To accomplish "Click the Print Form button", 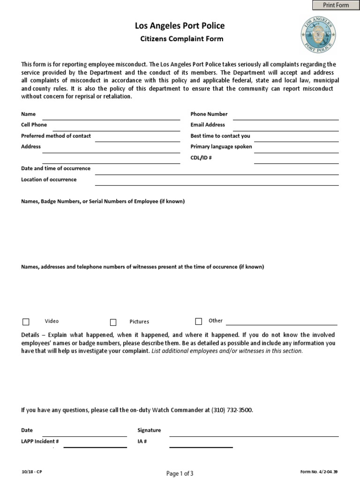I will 336,5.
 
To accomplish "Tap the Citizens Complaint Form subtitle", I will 182,39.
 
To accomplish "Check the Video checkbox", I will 26,322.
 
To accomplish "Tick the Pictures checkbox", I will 113,322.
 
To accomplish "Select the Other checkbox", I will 199,321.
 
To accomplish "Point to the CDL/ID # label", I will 201,158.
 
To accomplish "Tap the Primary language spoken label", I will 221,147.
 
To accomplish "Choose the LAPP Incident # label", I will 40,442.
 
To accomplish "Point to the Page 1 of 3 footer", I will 180,473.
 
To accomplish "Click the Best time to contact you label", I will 220,136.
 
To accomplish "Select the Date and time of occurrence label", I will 56,168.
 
